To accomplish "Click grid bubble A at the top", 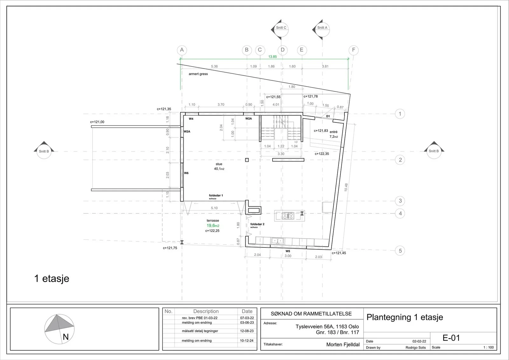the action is (182, 50).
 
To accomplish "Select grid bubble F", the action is (353, 50).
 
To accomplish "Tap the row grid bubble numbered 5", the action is (400, 251).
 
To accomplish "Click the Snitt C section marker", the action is (280, 29).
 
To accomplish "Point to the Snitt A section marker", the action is (321, 29).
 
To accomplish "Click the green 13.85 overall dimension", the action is (272, 57).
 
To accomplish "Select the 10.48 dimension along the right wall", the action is (346, 187).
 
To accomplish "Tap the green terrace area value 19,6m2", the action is (213, 225).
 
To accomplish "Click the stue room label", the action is (219, 164).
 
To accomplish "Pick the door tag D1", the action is (328, 116).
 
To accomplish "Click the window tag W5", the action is (288, 251).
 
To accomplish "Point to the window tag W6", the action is (186, 173).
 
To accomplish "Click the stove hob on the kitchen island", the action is (288, 216).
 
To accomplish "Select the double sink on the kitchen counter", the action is (277, 241).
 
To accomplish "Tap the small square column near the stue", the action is (247, 160).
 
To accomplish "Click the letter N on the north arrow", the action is (66, 337).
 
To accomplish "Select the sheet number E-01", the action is (451, 338).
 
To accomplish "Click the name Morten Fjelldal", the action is (343, 344).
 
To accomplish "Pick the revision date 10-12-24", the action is (247, 341).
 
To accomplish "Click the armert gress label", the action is (198, 74).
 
